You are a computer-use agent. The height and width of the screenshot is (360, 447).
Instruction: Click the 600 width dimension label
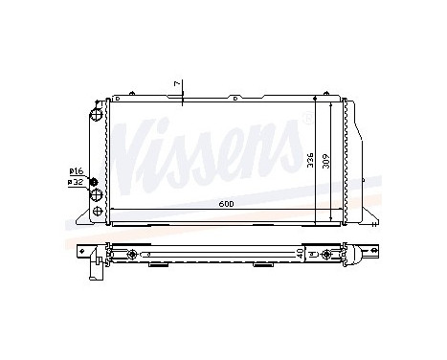click(x=224, y=203)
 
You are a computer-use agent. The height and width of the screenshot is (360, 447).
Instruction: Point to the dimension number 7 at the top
click(x=176, y=85)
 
